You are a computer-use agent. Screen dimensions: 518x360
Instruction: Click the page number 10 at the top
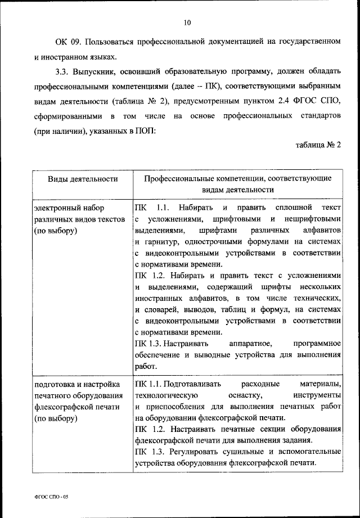187,22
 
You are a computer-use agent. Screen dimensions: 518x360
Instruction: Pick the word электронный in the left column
56,207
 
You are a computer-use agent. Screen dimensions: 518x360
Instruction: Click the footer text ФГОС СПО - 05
51,497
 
